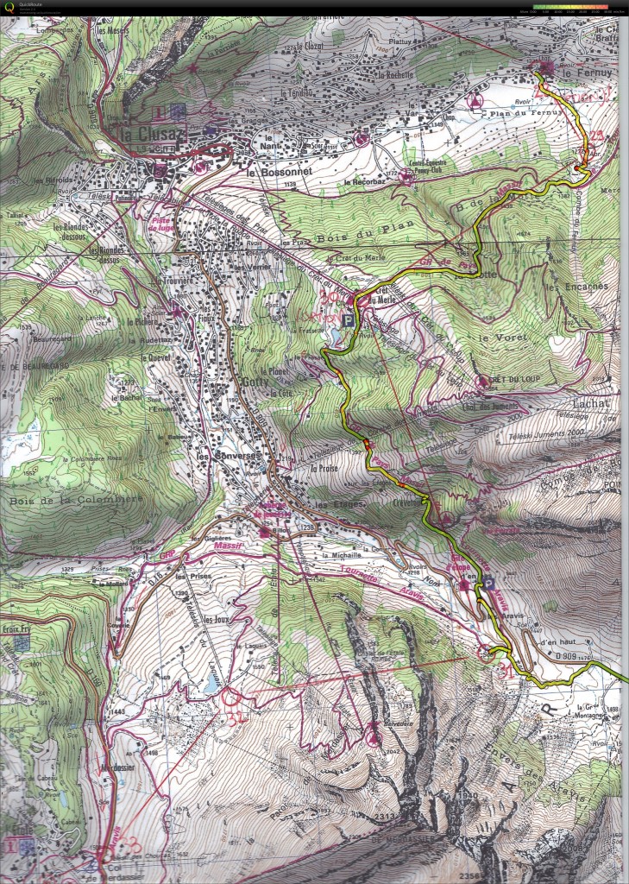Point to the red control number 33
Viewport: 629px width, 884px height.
pyautogui.click(x=129, y=843)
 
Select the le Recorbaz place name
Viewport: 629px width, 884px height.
pyautogui.click(x=362, y=182)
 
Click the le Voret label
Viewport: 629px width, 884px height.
pyautogui.click(x=497, y=338)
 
